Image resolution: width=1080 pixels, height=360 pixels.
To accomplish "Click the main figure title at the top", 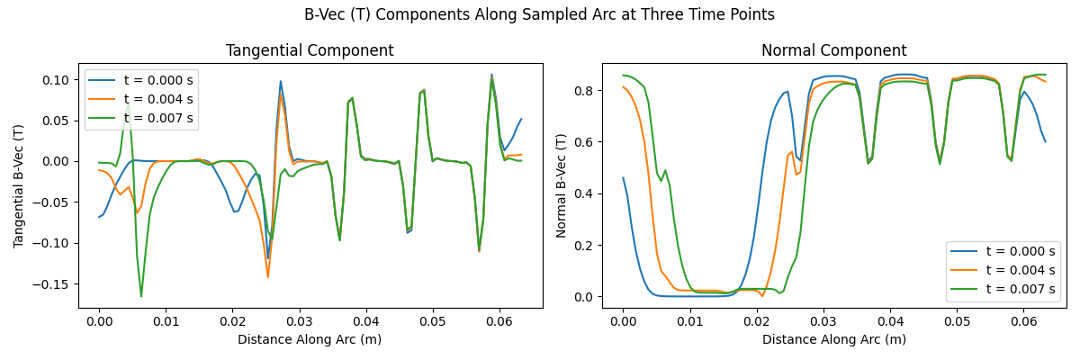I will pos(539,14).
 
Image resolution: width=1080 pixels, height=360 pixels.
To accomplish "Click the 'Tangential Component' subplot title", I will pos(310,50).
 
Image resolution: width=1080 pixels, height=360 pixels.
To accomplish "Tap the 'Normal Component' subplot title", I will pos(833,50).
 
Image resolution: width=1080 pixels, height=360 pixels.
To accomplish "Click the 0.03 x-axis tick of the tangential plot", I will pos(299,322).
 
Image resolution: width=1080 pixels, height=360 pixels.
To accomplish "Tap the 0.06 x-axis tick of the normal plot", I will pos(1023,322).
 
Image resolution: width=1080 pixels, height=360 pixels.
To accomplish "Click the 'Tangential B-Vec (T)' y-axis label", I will pos(19,186).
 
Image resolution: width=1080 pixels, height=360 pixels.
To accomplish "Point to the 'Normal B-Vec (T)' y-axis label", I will pos(562,186).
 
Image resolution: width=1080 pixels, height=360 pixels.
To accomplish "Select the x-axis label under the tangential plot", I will pos(310,339).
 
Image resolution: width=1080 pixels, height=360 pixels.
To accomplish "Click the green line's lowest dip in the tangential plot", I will pos(141,296).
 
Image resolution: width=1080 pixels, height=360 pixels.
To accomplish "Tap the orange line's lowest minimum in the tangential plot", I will pos(267,276).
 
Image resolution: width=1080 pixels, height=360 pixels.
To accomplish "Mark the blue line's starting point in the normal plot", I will pos(623,178).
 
